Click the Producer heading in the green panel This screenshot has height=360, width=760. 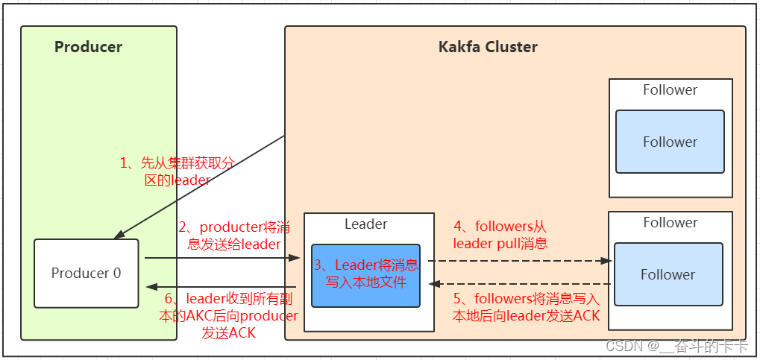point(88,47)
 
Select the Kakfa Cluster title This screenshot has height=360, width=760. point(487,47)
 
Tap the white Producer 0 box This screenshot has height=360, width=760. point(86,273)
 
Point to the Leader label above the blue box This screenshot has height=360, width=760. point(365,224)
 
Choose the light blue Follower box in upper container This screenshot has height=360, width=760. point(670,142)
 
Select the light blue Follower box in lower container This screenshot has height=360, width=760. point(668,274)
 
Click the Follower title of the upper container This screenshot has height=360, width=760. point(670,89)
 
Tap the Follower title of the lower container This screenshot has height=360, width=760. point(670,222)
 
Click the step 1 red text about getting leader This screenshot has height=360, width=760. point(178,171)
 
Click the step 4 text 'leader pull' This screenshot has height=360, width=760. point(500,235)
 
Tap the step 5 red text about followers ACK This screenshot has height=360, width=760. point(527,307)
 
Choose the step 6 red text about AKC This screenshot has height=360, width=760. point(229,316)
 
